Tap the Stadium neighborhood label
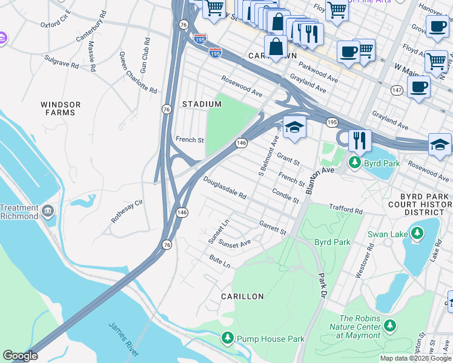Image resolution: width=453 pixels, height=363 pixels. tap(202, 104)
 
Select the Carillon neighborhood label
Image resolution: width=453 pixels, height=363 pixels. tap(242, 296)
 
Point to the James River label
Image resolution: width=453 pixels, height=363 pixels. tap(125, 339)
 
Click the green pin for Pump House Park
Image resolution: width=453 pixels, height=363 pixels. tap(228, 338)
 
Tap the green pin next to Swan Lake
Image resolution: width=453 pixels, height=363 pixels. tap(417, 233)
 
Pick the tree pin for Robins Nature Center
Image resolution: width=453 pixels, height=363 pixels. tap(390, 326)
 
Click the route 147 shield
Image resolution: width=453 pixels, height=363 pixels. tap(397, 90)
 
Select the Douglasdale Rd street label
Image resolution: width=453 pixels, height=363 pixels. tap(225, 188)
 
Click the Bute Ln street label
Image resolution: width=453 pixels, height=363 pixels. tap(220, 262)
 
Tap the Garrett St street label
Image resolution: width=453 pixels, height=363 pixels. tap(273, 227)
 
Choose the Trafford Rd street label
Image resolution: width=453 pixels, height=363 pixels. tap(345, 209)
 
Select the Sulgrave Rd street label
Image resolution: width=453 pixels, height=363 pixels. tap(62, 61)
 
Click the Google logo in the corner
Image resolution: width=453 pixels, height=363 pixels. tap(20, 356)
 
